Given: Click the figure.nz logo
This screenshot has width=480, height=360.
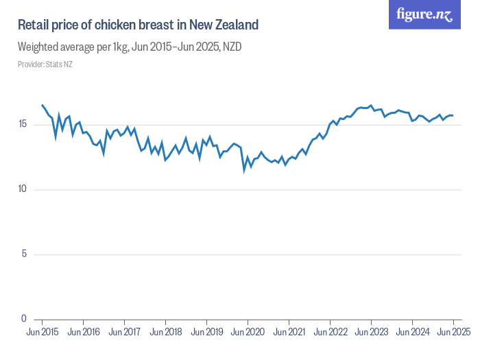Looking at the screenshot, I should (x=424, y=14).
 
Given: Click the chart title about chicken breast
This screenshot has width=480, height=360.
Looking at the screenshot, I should (x=138, y=25).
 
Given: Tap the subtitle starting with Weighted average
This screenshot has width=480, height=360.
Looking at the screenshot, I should (x=130, y=47).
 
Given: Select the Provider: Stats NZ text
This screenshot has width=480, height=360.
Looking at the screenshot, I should (x=45, y=64).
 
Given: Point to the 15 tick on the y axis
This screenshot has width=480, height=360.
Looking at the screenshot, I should (x=23, y=124).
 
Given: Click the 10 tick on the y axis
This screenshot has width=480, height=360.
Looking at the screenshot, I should (x=23, y=189).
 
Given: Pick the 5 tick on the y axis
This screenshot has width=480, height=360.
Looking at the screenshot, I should (x=25, y=254).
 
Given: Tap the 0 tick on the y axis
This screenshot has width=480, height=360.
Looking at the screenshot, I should (x=25, y=319).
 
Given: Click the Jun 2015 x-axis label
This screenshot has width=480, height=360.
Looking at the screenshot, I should (x=43, y=332).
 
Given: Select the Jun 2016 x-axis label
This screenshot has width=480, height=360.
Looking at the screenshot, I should (x=83, y=332).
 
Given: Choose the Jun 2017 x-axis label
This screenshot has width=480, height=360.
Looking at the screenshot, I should (x=124, y=332).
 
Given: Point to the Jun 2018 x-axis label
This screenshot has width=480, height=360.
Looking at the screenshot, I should (x=165, y=332).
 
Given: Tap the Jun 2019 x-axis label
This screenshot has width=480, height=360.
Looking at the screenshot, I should (x=206, y=332).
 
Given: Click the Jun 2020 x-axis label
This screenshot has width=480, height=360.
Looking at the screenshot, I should (x=248, y=332).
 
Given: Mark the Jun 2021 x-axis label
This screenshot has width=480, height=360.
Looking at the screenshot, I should (x=289, y=332).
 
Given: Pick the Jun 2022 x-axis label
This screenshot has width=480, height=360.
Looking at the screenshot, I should (x=330, y=332).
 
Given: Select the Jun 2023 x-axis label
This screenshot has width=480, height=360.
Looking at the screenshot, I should (x=371, y=332).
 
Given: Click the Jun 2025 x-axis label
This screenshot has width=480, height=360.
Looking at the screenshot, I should (x=453, y=332).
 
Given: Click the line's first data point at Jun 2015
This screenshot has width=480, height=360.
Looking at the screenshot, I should (x=43, y=106).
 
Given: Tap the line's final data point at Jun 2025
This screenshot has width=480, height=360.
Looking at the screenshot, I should (x=453, y=115).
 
